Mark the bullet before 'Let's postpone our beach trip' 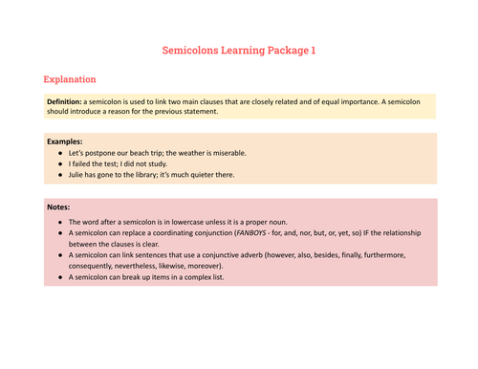pyautogui.click(x=59, y=152)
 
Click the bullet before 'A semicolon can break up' pyautogui.click(x=59, y=278)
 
